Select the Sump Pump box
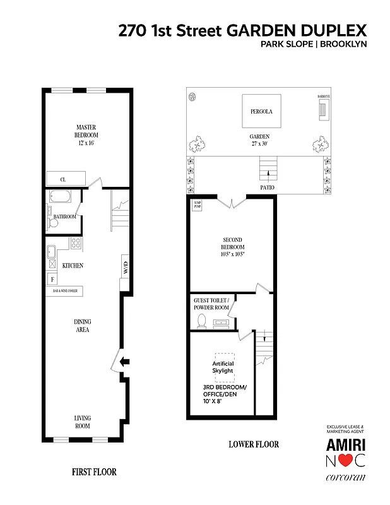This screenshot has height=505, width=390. [197, 206]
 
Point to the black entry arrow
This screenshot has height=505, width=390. [125, 362]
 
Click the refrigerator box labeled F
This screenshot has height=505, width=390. [52, 278]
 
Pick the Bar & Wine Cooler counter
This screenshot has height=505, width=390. [65, 291]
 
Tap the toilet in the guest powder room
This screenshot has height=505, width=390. [202, 321]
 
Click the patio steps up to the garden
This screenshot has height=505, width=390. [268, 169]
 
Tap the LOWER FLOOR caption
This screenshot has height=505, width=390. [254, 444]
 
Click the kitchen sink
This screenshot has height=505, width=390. [52, 251]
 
